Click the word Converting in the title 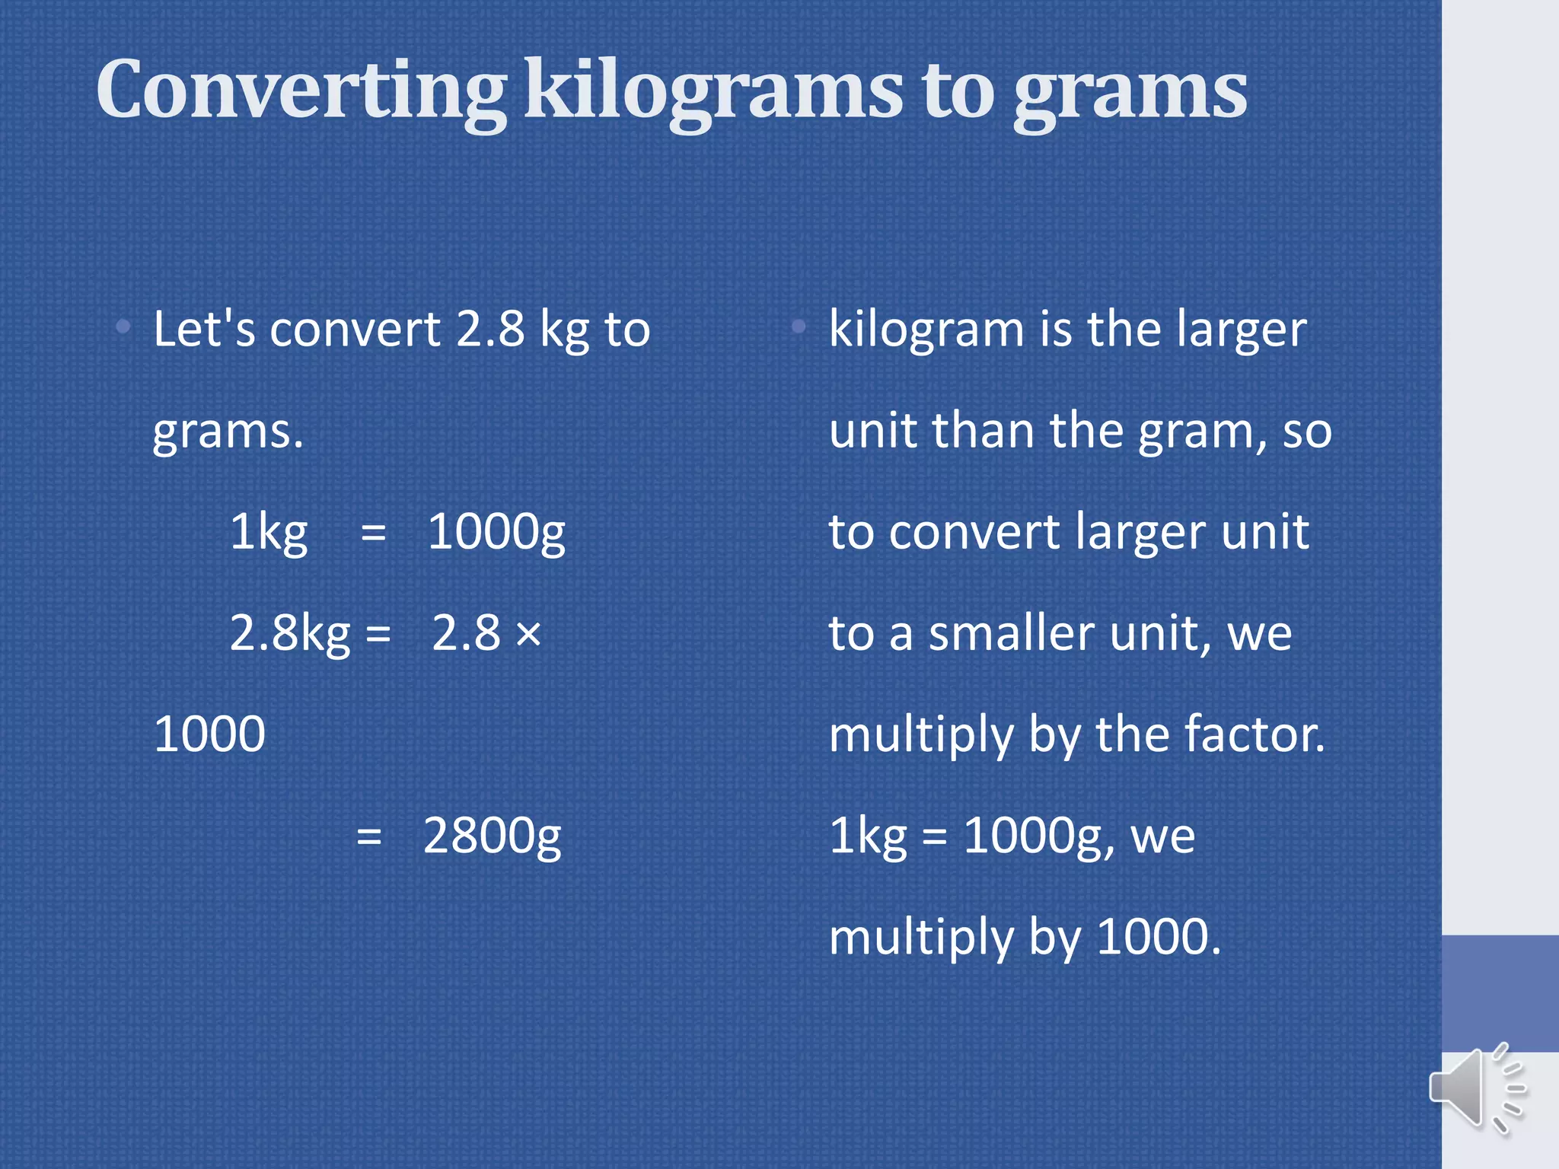point(301,91)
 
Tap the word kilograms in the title point(714,91)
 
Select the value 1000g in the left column point(496,533)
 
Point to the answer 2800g point(492,837)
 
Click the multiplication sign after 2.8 point(528,634)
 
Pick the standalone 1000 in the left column point(209,734)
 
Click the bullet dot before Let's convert point(123,327)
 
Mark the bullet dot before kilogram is point(799,327)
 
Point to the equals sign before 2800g point(369,837)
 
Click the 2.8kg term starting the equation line point(289,634)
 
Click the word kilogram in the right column point(926,330)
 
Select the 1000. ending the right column point(1159,937)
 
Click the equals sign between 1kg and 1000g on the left point(373,533)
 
